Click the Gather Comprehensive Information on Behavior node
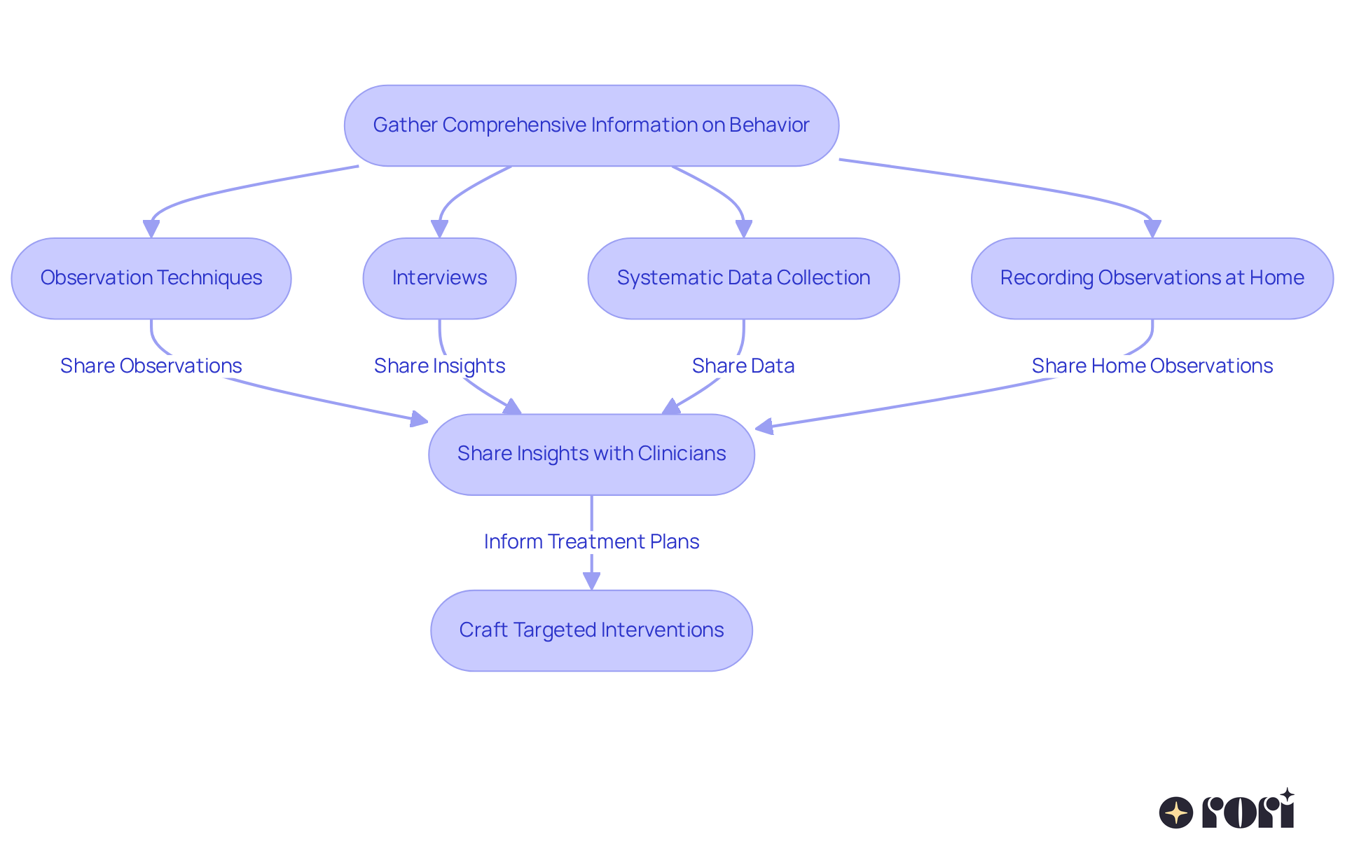pyautogui.click(x=591, y=125)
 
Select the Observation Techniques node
pyautogui.click(x=151, y=278)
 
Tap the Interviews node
pyautogui.click(x=439, y=278)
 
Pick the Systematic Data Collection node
pyautogui.click(x=743, y=278)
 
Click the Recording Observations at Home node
pyautogui.click(x=1152, y=278)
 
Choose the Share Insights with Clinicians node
pyautogui.click(x=591, y=454)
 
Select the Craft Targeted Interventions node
pyautogui.click(x=591, y=630)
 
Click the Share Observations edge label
pyautogui.click(x=151, y=366)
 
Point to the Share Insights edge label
pyautogui.click(x=439, y=366)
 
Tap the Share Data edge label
pyautogui.click(x=743, y=366)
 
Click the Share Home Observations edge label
pyautogui.click(x=1152, y=366)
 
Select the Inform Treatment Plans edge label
pyautogui.click(x=591, y=541)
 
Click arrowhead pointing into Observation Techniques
pyautogui.click(x=151, y=229)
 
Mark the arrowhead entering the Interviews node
pyautogui.click(x=439, y=229)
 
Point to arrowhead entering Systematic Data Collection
pyautogui.click(x=743, y=229)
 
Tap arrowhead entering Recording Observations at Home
pyautogui.click(x=1152, y=229)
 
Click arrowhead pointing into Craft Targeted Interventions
pyautogui.click(x=591, y=581)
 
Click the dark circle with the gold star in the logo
pyautogui.click(x=1175, y=812)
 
